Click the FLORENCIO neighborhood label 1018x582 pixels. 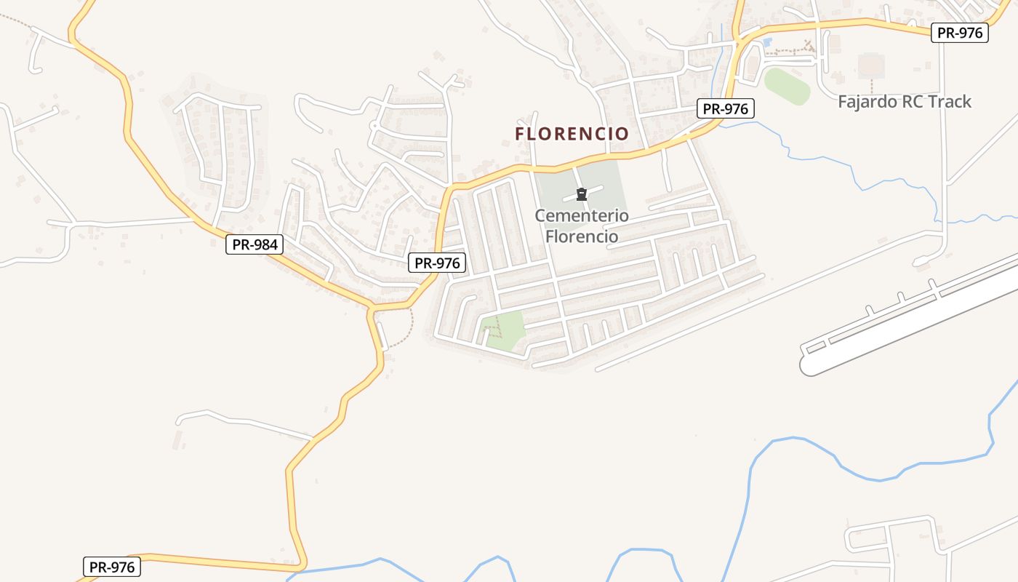[572, 134]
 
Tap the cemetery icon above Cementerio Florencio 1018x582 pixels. [582, 194]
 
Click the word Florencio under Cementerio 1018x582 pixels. [582, 236]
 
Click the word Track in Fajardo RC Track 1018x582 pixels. [948, 101]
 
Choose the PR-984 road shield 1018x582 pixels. [254, 244]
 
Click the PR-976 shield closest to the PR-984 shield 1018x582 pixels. [437, 263]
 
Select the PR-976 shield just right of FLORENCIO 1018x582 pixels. [726, 109]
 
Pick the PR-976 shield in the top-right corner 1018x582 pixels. [960, 32]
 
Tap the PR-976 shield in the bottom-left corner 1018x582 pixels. [112, 567]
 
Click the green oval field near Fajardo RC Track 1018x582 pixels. [787, 86]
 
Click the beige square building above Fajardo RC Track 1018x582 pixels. [871, 65]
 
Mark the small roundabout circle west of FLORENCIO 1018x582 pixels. [374, 125]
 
